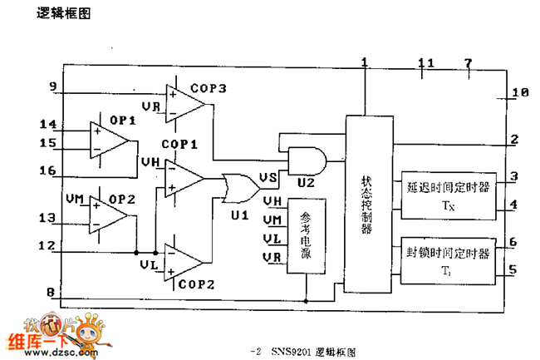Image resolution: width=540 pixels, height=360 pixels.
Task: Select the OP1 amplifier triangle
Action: point(110,139)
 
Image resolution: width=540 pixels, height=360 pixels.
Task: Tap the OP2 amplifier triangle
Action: point(110,216)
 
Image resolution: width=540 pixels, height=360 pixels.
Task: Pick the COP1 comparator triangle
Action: point(184,178)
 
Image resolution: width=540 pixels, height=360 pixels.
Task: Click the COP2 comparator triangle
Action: point(184,263)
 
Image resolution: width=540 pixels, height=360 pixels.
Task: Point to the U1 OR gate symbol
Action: point(240,187)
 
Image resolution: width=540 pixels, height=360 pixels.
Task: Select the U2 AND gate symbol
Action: point(303,158)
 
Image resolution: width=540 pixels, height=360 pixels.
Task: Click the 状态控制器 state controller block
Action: point(366,204)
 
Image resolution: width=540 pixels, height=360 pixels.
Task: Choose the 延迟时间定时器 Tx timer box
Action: point(446,195)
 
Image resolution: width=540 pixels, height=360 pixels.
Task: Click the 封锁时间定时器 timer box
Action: point(446,259)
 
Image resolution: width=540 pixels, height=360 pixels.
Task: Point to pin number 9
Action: point(53,86)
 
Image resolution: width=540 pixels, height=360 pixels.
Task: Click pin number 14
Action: point(48,125)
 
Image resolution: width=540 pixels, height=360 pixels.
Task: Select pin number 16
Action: point(48,170)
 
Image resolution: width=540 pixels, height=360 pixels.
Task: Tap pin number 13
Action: point(48,218)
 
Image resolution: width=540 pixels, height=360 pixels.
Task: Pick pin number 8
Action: point(52,293)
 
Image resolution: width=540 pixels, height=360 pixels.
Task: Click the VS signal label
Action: point(268,177)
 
